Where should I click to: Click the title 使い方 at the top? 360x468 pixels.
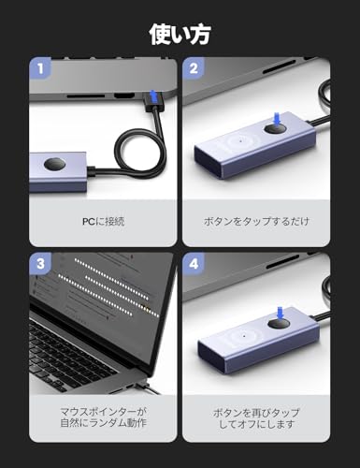pos(180,35)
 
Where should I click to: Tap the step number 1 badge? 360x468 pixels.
pos(40,68)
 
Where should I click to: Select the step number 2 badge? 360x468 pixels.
pos(194,68)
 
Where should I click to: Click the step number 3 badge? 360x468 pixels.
pos(40,264)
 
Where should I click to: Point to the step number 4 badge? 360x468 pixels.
pos(194,264)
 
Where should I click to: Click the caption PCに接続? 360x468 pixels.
pos(103,222)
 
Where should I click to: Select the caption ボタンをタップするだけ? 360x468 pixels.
pos(256,222)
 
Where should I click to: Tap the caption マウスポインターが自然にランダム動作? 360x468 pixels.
pos(103,417)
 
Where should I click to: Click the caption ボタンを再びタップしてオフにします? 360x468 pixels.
pos(256,418)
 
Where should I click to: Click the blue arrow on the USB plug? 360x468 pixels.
pos(152,95)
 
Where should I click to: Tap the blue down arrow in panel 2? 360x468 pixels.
pos(277,119)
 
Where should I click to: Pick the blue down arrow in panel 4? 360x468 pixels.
pos(281,313)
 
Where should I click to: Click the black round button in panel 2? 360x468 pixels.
pos(275,129)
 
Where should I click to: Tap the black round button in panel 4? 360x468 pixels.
pos(279,324)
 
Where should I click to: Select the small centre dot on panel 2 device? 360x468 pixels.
pos(240,141)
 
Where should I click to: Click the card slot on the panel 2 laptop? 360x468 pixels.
pos(279,67)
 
